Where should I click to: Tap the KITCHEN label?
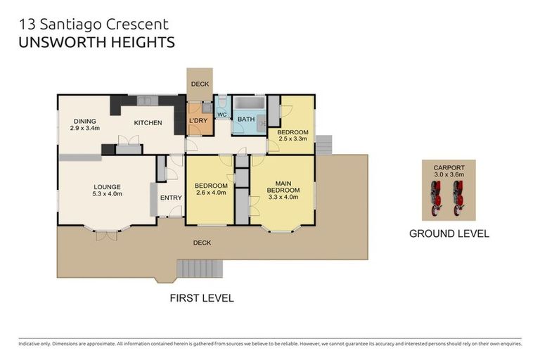coord(148,123)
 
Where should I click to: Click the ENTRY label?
coord(171,198)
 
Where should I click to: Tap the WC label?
coord(221,114)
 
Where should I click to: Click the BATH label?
coord(246,120)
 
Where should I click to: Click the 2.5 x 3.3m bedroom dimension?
coord(292,139)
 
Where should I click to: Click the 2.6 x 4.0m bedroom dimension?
coord(210,193)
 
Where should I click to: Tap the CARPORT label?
coord(448,167)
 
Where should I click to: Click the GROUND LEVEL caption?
coord(449,233)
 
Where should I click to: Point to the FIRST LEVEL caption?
coord(201,298)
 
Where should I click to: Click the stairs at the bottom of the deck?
coord(200,268)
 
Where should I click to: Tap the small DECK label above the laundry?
coord(200,84)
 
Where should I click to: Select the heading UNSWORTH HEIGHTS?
coord(95,43)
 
